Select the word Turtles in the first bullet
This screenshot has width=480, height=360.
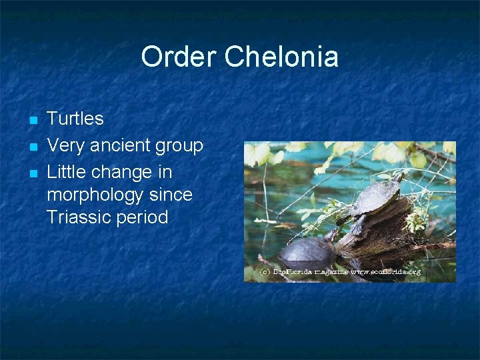click(75, 119)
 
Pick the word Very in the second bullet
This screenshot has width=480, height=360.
click(65, 145)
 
